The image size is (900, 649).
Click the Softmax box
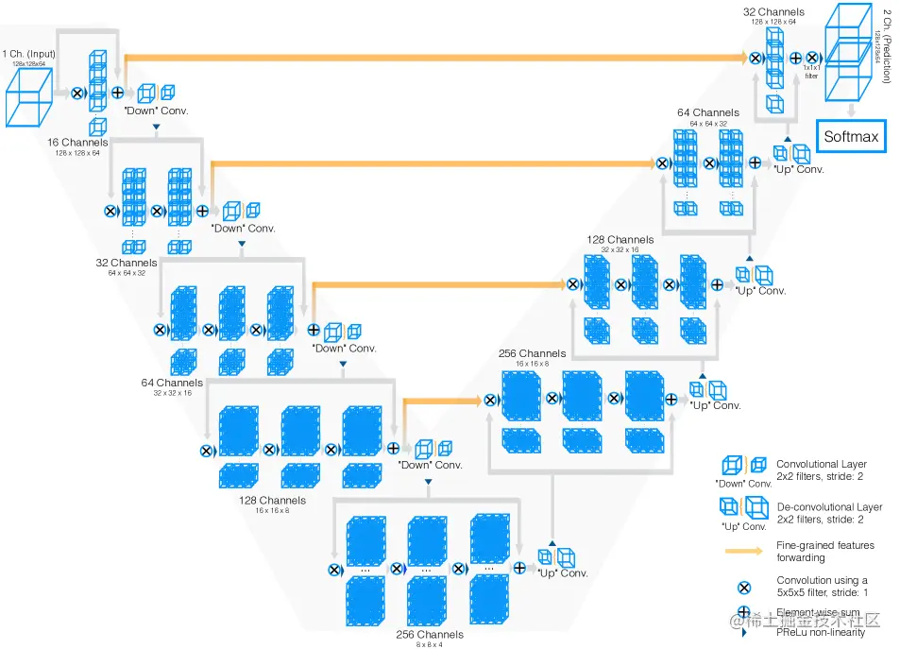click(850, 137)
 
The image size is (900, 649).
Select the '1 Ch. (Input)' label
click(29, 55)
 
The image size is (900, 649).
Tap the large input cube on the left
click(29, 97)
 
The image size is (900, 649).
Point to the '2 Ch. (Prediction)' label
click(887, 47)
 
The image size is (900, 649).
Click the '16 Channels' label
click(77, 143)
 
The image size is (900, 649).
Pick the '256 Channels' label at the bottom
click(430, 635)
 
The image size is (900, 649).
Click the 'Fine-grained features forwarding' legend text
click(824, 551)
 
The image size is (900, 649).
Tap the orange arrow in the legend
click(745, 549)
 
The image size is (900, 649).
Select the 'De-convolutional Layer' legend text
click(829, 507)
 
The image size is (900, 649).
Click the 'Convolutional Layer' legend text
click(821, 464)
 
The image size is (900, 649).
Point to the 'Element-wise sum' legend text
click(818, 613)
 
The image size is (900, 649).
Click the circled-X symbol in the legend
click(745, 587)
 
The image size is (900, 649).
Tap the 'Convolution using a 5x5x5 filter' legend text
click(823, 587)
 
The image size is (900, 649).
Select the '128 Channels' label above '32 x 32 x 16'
click(619, 240)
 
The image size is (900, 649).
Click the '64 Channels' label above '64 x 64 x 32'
click(707, 113)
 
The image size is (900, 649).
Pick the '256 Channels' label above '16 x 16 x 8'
click(533, 354)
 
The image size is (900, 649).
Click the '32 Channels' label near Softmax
click(773, 12)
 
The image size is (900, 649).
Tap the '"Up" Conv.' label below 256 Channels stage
click(562, 573)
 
